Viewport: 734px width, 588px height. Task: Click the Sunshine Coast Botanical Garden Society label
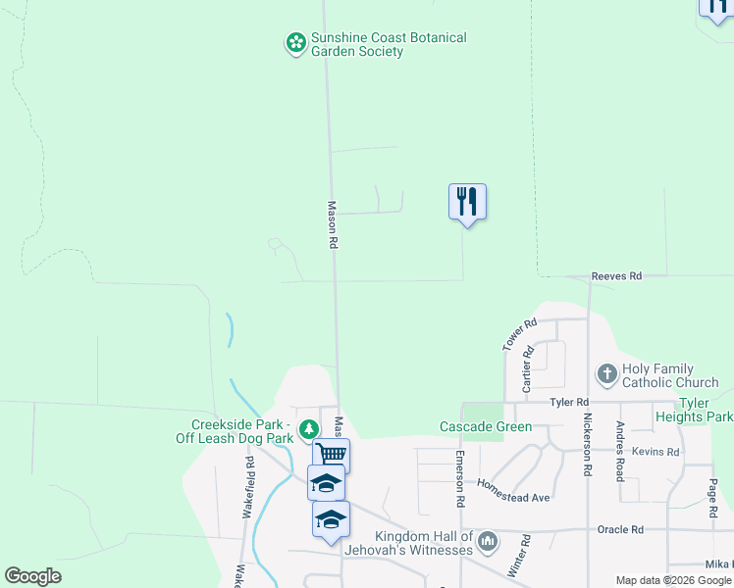(x=388, y=44)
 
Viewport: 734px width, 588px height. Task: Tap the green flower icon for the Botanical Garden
(x=295, y=42)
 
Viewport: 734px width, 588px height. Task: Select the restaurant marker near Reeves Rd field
(x=468, y=202)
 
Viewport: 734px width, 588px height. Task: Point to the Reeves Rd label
(x=616, y=277)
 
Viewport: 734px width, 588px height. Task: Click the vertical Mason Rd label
(x=333, y=224)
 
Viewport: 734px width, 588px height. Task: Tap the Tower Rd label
(x=520, y=335)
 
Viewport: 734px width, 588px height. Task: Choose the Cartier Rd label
(x=527, y=369)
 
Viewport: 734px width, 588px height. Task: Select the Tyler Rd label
(x=569, y=403)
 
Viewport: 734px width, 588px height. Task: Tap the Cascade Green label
(x=485, y=427)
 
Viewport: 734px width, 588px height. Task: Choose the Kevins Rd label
(x=655, y=452)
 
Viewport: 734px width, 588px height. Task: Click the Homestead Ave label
(x=513, y=490)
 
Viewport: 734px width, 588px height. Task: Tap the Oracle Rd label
(x=620, y=530)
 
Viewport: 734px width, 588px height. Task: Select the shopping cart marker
(x=332, y=455)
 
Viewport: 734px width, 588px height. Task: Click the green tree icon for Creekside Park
(x=309, y=428)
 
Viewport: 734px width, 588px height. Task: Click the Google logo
(x=32, y=576)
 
